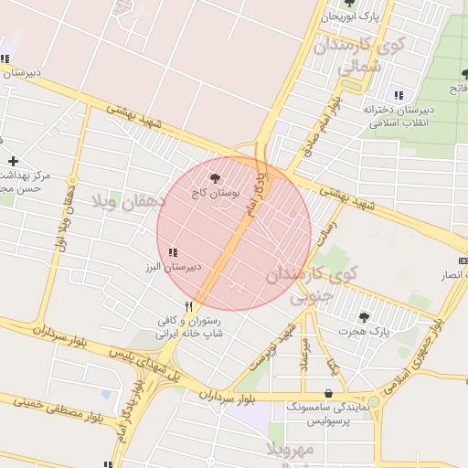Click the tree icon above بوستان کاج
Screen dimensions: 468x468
(215, 179)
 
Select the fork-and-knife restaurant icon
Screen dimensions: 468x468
(189, 306)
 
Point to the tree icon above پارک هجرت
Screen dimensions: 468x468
(364, 317)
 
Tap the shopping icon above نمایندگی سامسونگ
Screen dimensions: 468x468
(328, 394)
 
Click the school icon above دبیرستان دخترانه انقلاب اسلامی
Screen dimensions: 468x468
(398, 95)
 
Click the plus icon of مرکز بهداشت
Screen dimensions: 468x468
(13, 161)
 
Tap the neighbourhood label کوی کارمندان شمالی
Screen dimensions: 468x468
(358, 56)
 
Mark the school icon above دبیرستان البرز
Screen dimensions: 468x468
(172, 252)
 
